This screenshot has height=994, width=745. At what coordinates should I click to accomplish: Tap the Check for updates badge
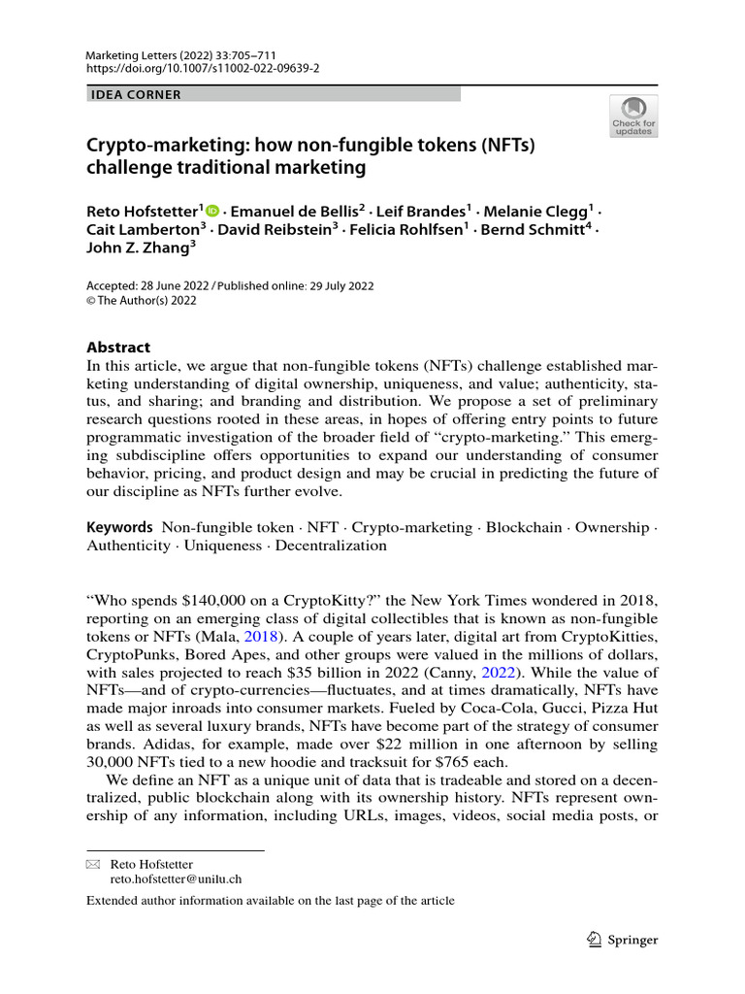click(632, 116)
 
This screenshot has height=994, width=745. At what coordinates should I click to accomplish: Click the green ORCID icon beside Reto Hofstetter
click(212, 210)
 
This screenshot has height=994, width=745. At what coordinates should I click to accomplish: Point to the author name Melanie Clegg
click(540, 210)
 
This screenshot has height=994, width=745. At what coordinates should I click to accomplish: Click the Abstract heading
click(118, 348)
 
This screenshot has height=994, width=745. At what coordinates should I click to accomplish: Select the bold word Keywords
click(119, 527)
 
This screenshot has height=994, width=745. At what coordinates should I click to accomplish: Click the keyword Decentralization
click(331, 546)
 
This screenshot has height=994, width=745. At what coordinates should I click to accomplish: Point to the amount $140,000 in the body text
click(206, 600)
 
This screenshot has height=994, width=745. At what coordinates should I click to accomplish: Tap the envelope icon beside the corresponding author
click(93, 864)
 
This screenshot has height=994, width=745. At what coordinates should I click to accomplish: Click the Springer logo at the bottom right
click(623, 940)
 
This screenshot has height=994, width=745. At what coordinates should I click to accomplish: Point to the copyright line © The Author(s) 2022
click(142, 301)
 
